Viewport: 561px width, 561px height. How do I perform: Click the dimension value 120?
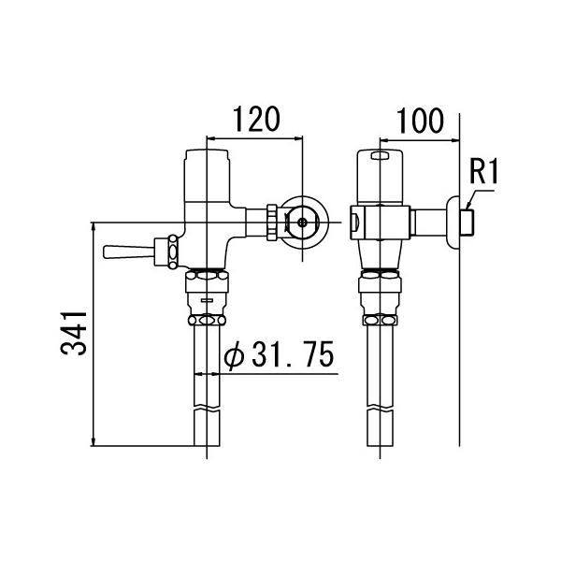click(255, 120)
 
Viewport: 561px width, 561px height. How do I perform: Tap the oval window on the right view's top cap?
click(381, 157)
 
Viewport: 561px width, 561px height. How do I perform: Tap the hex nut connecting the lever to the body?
click(171, 252)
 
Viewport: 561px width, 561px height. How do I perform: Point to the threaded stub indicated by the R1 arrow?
click(472, 223)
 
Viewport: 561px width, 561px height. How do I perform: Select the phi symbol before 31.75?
click(236, 356)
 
